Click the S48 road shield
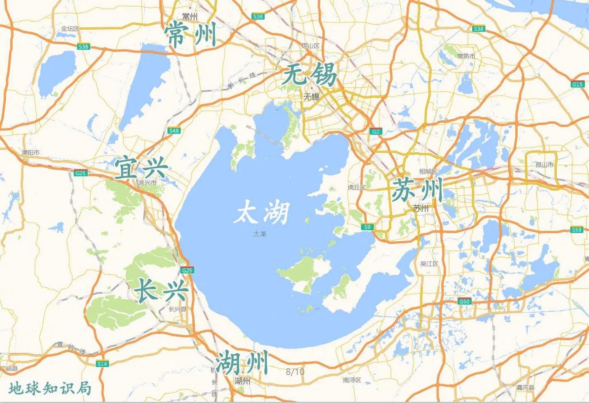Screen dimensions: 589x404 point(174,131)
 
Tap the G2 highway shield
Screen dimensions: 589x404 point(376,132)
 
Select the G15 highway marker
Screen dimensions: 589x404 point(578,84)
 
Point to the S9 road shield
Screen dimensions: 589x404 point(367,227)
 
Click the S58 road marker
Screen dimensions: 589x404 point(577,230)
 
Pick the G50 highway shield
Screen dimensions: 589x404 point(464,301)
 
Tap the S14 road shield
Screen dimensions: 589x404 point(102,364)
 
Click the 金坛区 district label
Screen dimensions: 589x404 point(70,29)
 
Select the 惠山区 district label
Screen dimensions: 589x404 point(311,45)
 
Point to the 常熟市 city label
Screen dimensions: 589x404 point(466,56)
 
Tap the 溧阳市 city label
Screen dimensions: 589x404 point(31,153)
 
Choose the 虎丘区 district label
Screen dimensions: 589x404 point(357,187)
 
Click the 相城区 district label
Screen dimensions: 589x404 point(428,172)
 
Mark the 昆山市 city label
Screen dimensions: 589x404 point(544,165)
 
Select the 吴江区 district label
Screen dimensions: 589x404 point(429,264)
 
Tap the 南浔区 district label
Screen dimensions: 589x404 point(352,380)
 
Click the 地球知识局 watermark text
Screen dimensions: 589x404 point(50,388)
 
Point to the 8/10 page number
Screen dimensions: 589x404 point(295,372)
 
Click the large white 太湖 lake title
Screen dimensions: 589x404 point(261,213)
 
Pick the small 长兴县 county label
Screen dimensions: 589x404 point(177,309)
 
